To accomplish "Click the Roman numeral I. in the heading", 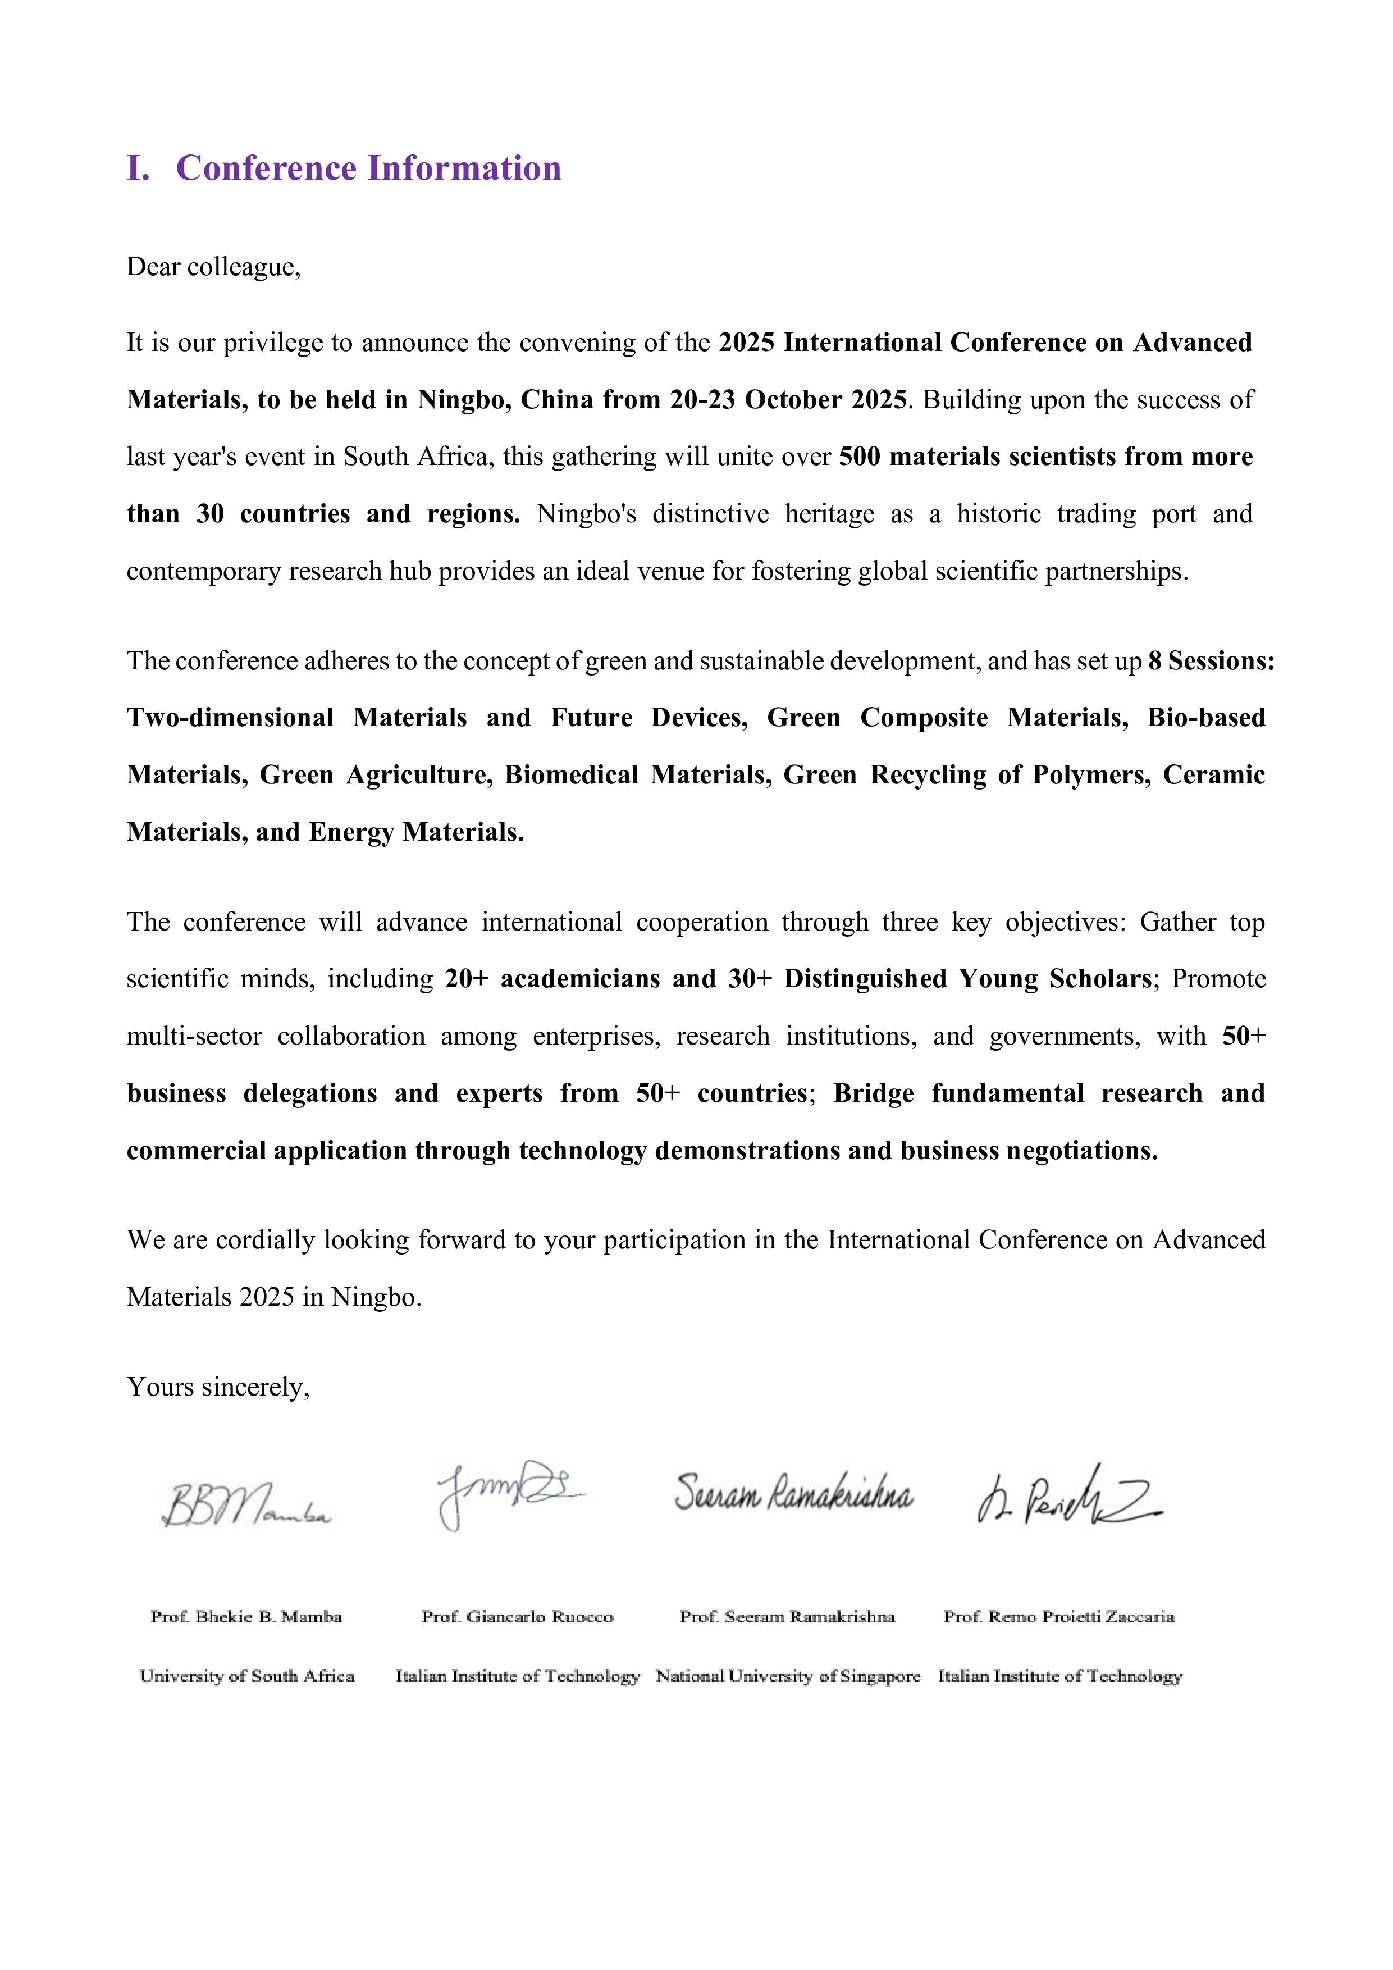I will [138, 168].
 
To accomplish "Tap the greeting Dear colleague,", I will [213, 267].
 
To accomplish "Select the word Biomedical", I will [570, 775].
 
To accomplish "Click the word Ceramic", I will [1214, 775].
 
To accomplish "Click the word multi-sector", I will [194, 1037].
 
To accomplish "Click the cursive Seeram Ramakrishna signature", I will [793, 1493].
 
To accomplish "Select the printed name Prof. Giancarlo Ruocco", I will [517, 1617].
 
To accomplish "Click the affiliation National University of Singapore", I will [787, 1676].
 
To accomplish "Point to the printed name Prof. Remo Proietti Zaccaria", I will [1058, 1617].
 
